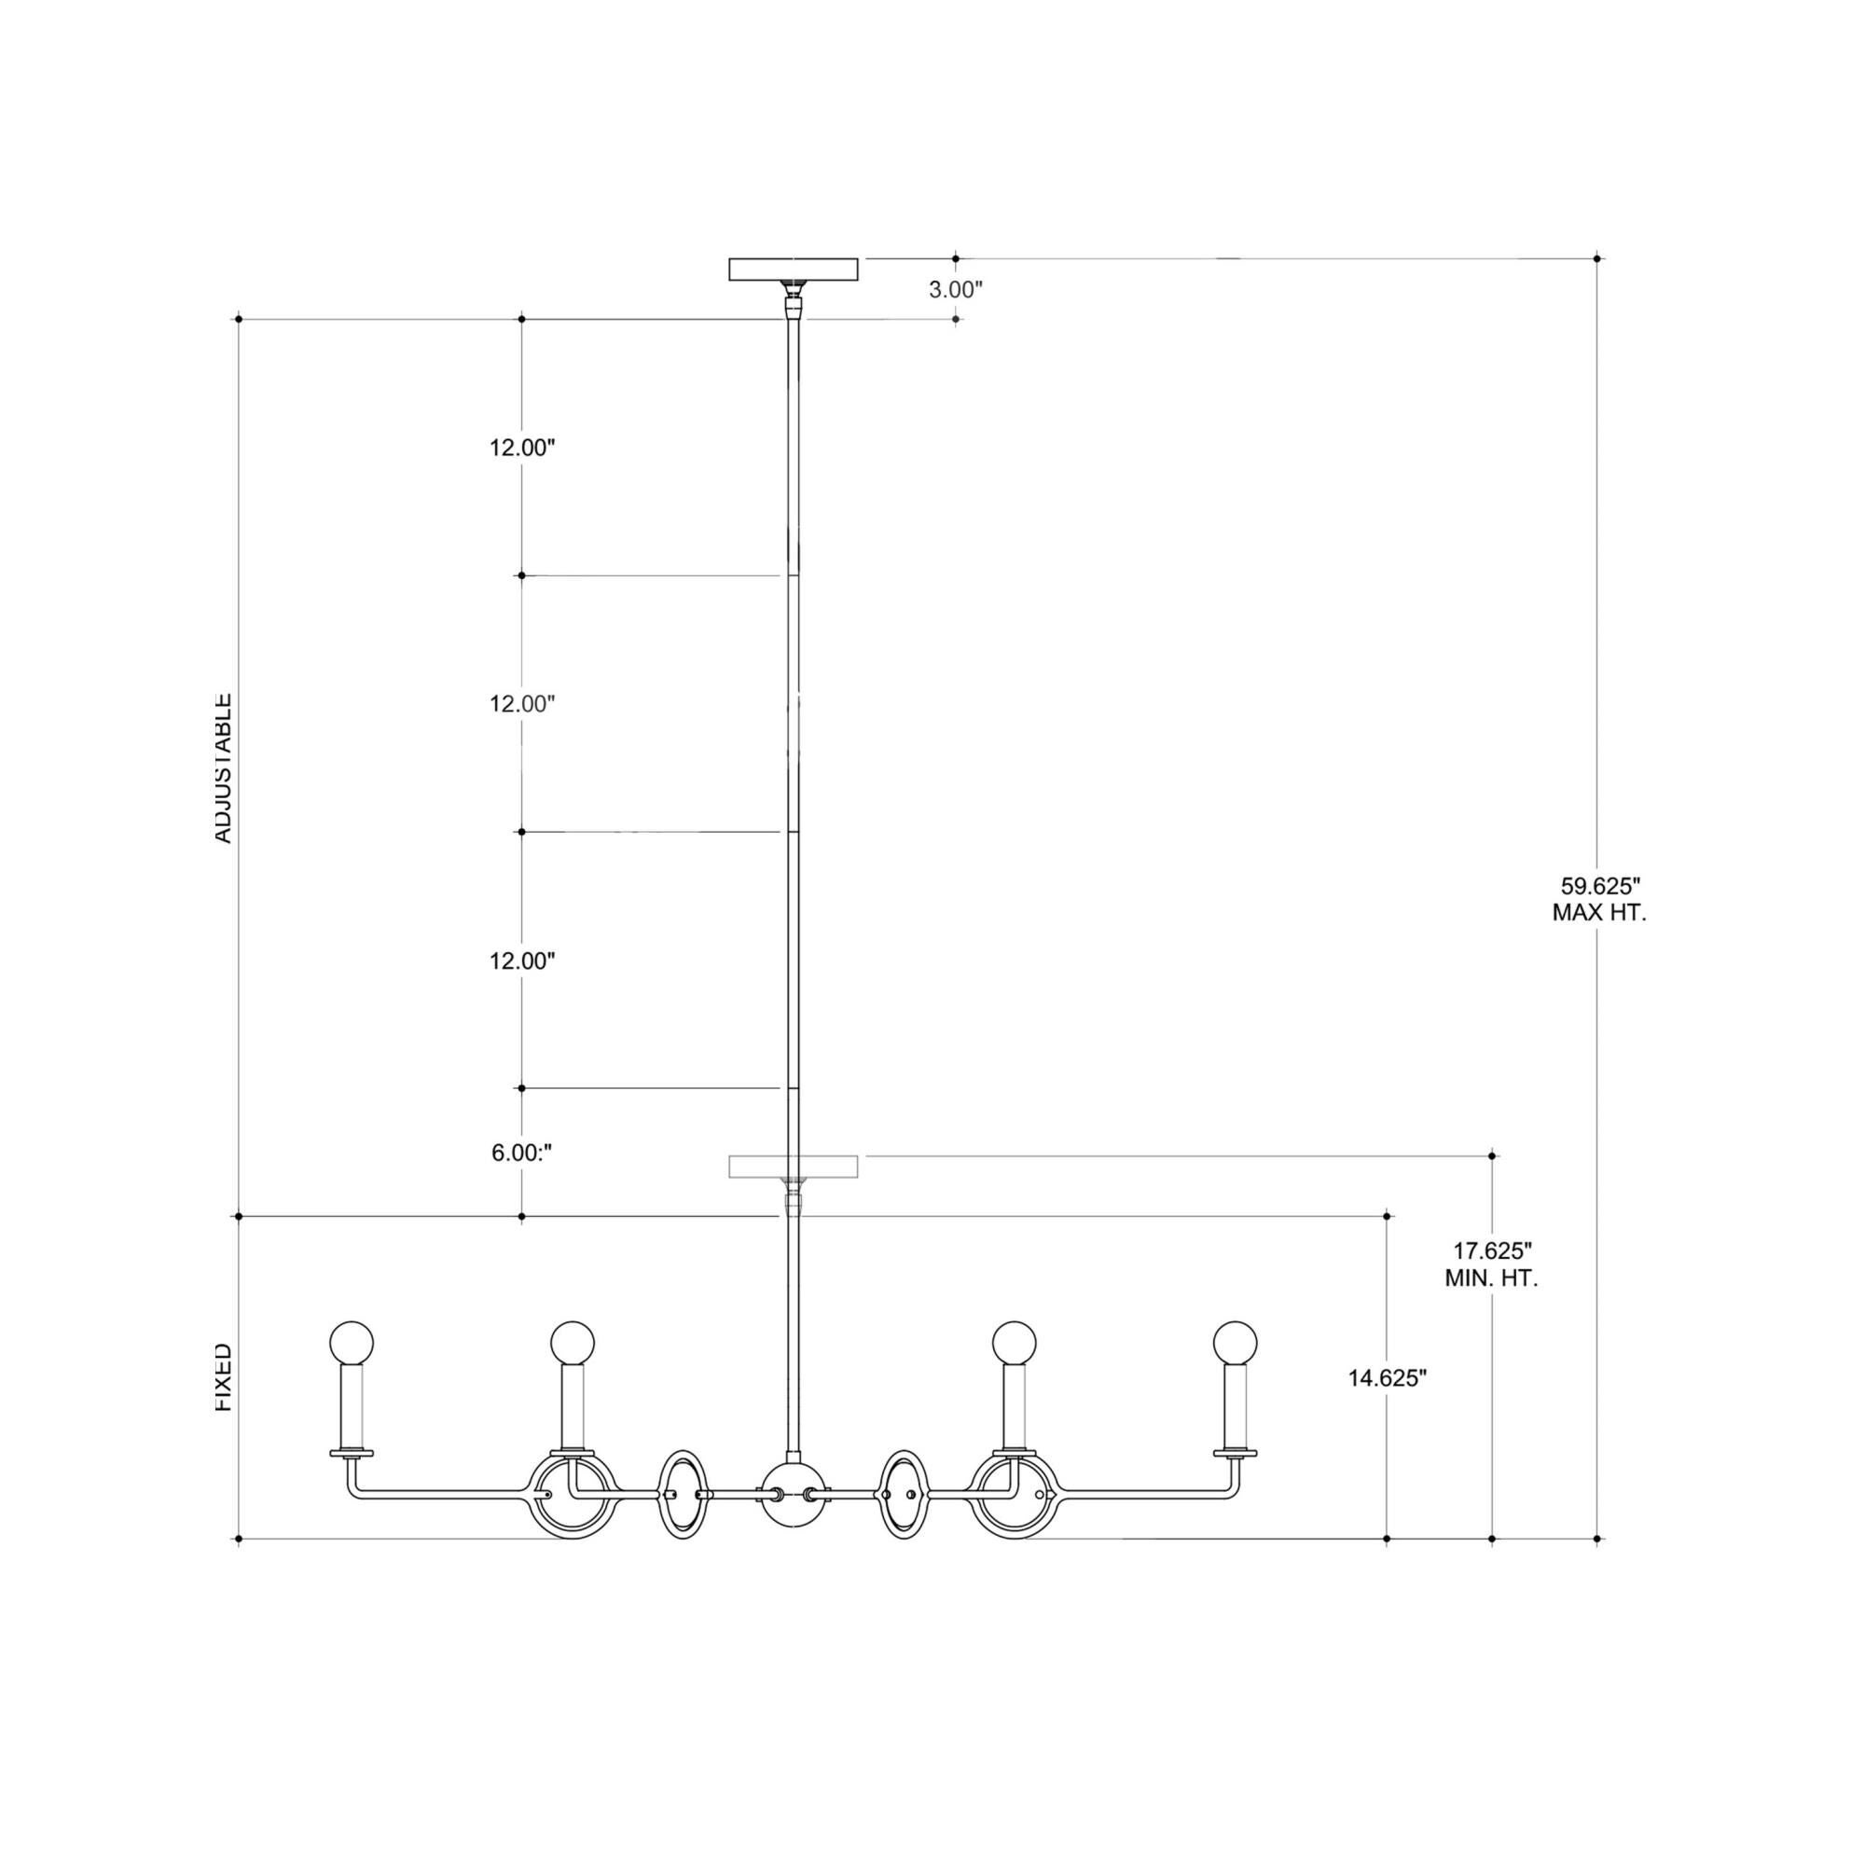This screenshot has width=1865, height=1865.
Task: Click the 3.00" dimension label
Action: (955, 289)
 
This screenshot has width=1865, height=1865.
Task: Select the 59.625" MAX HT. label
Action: (1599, 899)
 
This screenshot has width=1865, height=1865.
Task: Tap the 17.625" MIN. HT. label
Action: (1492, 1264)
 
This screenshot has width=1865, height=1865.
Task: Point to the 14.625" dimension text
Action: (1388, 1405)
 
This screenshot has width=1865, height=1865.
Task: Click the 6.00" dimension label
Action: (521, 1153)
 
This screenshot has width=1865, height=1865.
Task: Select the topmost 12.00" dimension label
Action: (521, 448)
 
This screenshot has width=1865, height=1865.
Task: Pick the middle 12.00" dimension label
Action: (521, 704)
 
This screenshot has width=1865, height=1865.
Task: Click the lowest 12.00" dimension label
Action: (521, 960)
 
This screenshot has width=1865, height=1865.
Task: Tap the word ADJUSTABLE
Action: (223, 767)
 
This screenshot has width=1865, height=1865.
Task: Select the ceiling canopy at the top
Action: (793, 269)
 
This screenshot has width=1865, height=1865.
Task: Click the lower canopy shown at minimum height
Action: (793, 1167)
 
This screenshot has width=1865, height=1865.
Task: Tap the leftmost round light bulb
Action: (352, 1343)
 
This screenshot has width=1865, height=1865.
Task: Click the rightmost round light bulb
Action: (1236, 1343)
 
